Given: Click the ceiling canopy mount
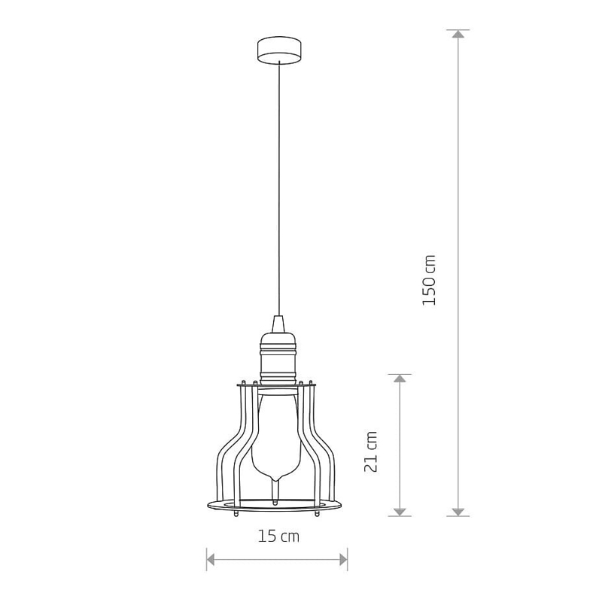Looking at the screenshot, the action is [278, 50].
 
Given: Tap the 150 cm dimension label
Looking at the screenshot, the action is [429, 280].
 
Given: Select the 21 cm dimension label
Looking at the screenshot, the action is [371, 451].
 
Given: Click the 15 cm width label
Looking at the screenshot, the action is [278, 536].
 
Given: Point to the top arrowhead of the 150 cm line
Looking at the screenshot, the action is [458, 34].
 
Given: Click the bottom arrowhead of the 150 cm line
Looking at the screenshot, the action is [458, 512].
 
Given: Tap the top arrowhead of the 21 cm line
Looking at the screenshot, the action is [400, 379].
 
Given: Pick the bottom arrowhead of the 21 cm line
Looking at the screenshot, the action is [400, 512].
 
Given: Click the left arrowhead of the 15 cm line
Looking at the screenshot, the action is [211, 559].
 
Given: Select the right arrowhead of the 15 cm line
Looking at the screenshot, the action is [343, 559].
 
